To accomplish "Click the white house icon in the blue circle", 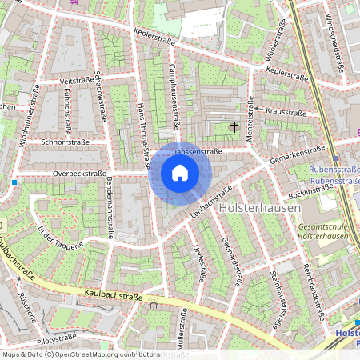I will click(x=180, y=172).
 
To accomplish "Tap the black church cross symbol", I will click(x=234, y=126).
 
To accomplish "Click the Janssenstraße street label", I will click(x=198, y=150).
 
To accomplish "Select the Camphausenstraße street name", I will click(x=174, y=96).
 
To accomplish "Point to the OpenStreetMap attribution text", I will click(x=80, y=354).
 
